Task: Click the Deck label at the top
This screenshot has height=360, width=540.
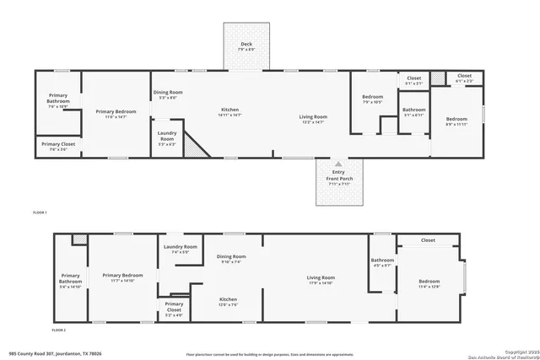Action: click(x=246, y=46)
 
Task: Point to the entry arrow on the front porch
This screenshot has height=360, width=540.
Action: click(x=337, y=164)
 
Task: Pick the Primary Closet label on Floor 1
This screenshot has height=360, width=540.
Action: click(x=57, y=147)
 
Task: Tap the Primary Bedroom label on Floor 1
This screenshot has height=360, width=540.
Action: click(x=116, y=114)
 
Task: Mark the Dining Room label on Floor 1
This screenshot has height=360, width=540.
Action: click(x=167, y=94)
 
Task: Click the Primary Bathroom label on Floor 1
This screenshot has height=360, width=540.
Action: click(x=57, y=101)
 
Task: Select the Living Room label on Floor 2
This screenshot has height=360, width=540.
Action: click(x=321, y=280)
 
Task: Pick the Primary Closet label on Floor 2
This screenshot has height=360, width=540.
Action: click(x=174, y=306)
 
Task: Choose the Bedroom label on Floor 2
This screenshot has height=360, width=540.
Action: click(x=429, y=283)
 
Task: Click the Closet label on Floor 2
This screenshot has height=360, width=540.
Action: click(x=428, y=240)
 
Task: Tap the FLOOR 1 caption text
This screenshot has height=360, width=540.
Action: click(x=40, y=212)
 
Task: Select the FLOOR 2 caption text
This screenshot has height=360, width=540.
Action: click(x=58, y=330)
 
